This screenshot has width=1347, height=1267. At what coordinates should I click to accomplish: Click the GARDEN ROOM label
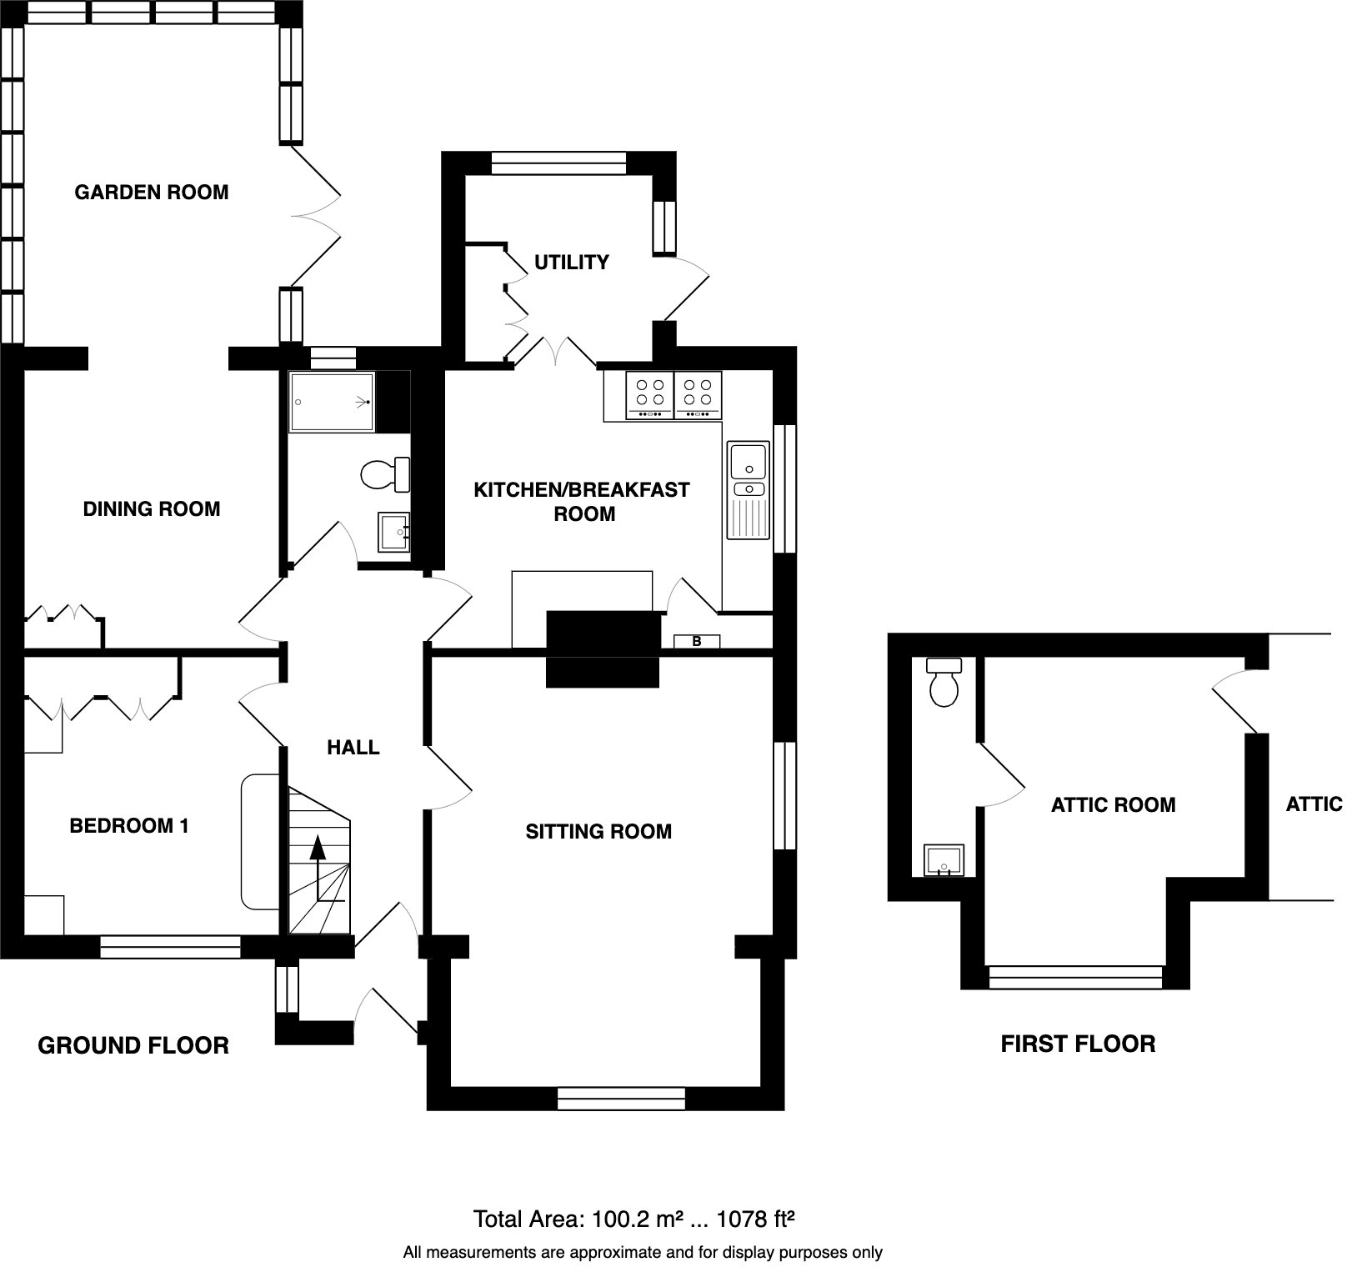[152, 193]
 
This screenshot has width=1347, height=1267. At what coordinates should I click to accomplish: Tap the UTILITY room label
[571, 263]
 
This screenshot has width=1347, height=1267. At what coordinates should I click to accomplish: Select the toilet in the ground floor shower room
[385, 475]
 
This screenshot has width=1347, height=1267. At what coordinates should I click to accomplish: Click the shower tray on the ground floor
[332, 402]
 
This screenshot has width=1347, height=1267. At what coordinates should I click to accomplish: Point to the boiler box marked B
[697, 642]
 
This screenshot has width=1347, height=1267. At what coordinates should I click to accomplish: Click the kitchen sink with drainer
[748, 490]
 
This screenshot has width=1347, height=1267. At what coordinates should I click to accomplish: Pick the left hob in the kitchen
[649, 395]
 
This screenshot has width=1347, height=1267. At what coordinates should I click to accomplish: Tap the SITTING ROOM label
[598, 831]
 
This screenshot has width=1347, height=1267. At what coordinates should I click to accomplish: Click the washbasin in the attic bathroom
[944, 860]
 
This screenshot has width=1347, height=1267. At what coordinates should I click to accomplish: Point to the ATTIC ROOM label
[1113, 805]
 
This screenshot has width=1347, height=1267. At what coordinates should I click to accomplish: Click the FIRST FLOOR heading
[1078, 1044]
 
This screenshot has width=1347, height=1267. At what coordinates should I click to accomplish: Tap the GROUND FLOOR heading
[133, 1045]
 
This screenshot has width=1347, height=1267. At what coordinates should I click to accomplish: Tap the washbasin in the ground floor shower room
[393, 531]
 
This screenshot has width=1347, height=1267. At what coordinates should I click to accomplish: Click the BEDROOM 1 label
[129, 826]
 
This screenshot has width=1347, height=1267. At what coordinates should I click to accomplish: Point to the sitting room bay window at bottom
[621, 1099]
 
